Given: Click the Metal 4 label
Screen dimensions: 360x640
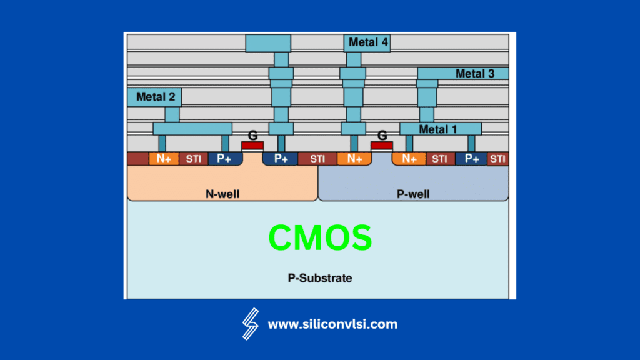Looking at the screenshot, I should coord(367,42).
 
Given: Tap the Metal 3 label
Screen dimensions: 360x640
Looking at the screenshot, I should coord(474,74).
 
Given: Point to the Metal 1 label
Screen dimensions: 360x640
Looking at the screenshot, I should coord(438,129).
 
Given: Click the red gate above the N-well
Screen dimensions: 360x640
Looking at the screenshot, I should coord(252,146).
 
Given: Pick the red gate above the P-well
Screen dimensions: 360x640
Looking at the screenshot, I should coord(382,146).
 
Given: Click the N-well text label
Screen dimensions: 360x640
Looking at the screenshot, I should coord(222,194).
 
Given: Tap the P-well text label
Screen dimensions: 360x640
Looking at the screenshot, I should coord(413,194).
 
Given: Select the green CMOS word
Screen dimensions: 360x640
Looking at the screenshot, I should coord(320,238).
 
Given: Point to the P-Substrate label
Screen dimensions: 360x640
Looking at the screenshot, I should coord(319,277).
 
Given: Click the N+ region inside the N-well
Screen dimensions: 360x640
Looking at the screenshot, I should coord(164,159).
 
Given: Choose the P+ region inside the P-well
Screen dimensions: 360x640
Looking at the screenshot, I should coord(471,159).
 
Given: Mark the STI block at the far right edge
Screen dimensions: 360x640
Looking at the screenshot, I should coord(497,159).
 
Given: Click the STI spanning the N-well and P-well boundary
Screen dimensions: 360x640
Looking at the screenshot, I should coord(317,159).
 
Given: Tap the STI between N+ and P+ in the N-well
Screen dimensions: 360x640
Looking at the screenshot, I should coord(193,159).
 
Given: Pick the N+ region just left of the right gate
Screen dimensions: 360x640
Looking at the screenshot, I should coord(354,159).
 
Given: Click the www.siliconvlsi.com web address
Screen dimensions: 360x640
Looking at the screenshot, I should coord(332,324).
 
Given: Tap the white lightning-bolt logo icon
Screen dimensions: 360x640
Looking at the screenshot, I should coord(251,324).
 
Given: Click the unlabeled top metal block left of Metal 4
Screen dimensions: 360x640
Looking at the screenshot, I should coord(268,43).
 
